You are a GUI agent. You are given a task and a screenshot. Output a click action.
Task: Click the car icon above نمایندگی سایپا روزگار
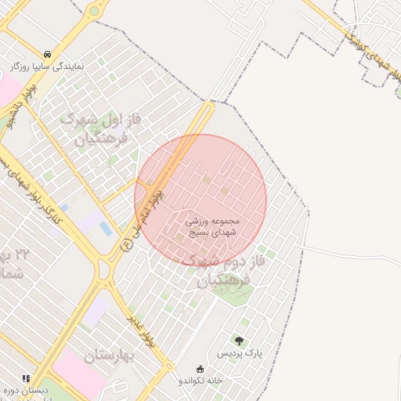pyautogui.click(x=49, y=55)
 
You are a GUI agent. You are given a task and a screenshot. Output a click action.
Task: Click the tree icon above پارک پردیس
pyautogui.click(x=239, y=341)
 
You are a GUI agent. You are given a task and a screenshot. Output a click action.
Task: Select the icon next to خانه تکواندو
pyautogui.click(x=200, y=369)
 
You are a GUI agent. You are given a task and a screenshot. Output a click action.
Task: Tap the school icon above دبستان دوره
pyautogui.click(x=26, y=378)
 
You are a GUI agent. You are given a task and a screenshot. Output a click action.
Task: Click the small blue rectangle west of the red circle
pyautogui.click(x=105, y=228)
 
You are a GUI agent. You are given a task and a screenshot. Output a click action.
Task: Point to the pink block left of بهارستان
pyautogui.click(x=78, y=371)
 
